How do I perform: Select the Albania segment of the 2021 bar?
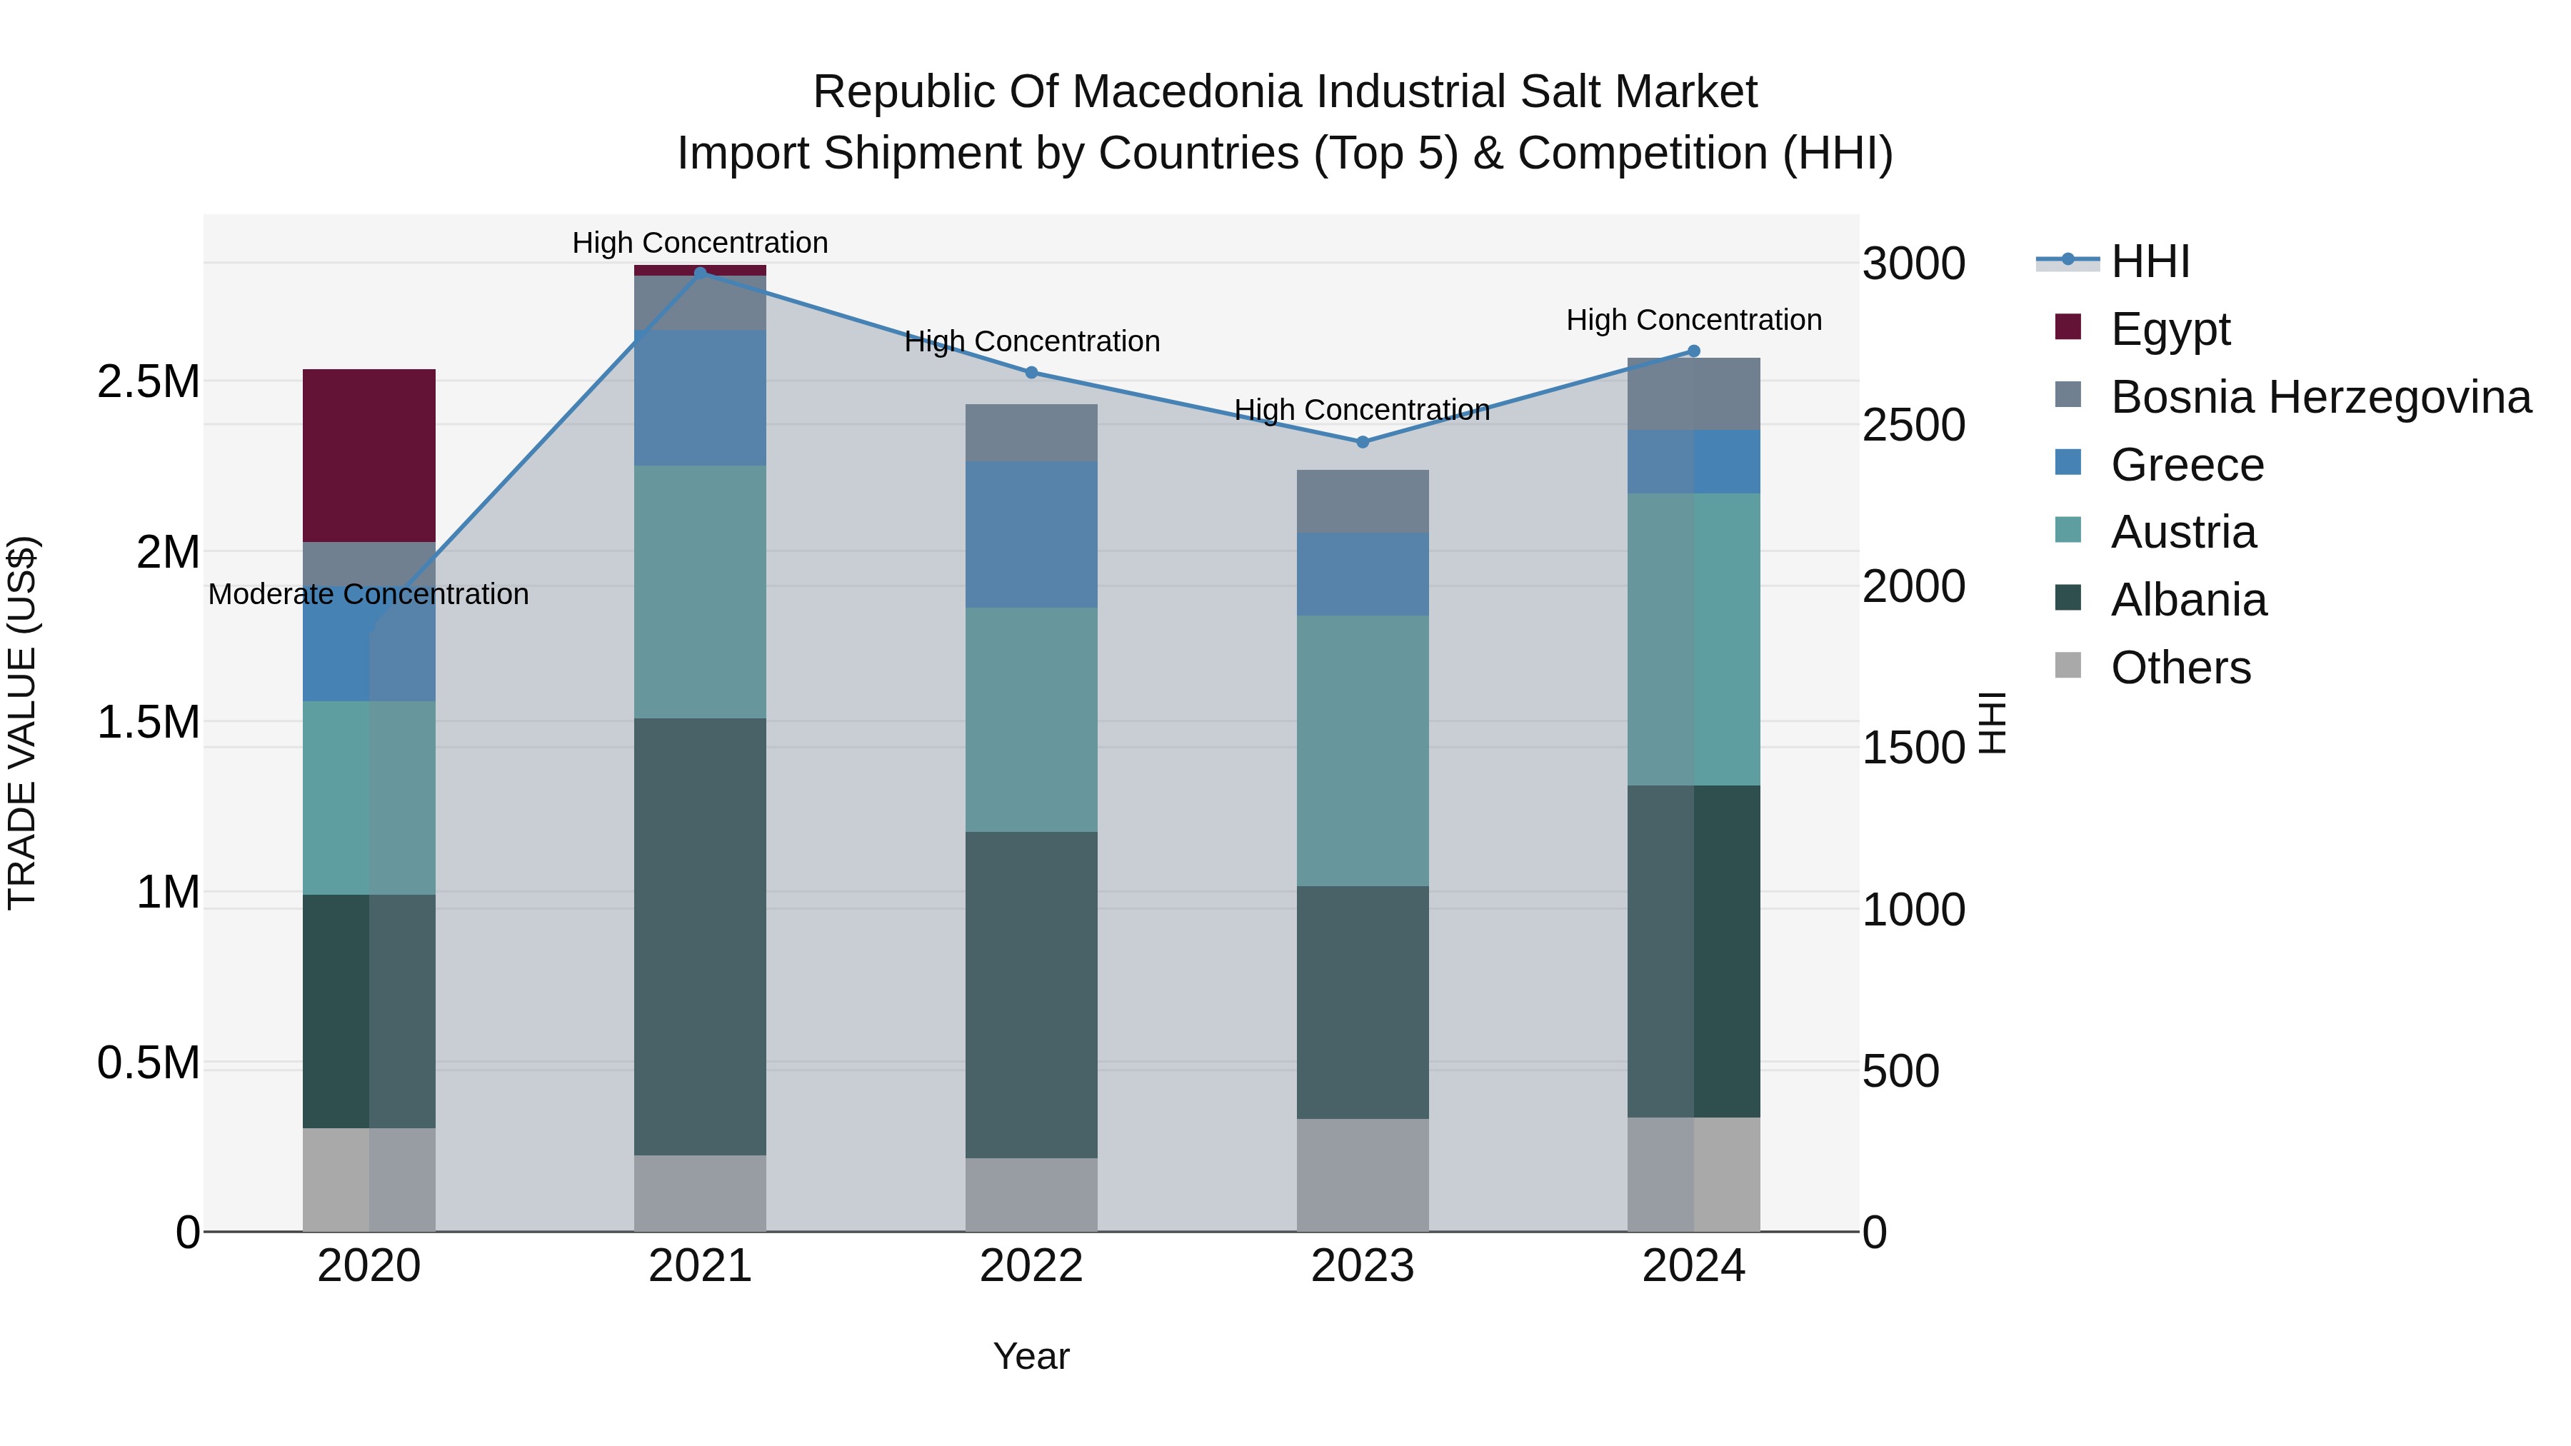click(700, 936)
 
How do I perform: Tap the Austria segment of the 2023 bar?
click(1363, 750)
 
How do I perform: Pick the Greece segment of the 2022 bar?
click(1031, 534)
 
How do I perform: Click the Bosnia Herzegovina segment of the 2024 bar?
click(1694, 394)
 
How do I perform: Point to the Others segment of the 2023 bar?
click(1363, 1175)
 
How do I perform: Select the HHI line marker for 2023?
click(1363, 442)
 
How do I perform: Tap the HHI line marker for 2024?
click(1694, 351)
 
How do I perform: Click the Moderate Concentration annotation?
click(369, 595)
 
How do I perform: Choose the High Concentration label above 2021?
click(700, 243)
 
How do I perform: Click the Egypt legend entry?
click(2170, 329)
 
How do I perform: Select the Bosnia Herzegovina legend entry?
click(2320, 397)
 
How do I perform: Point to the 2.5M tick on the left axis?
click(148, 382)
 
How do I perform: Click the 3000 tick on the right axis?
click(1913, 264)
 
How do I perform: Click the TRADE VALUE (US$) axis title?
click(23, 723)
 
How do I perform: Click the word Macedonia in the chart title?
click(1188, 93)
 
